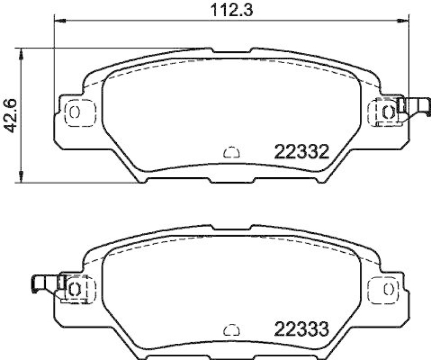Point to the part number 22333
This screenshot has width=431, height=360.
[x=302, y=329]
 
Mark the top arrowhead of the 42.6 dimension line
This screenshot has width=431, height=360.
[x=21, y=53]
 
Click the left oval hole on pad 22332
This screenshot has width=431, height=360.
[x=74, y=112]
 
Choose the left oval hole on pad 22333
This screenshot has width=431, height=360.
[x=75, y=288]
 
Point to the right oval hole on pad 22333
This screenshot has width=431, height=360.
[x=387, y=288]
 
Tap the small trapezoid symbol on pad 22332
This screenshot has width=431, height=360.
[x=230, y=153]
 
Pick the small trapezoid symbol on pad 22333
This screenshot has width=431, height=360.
[x=230, y=329]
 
